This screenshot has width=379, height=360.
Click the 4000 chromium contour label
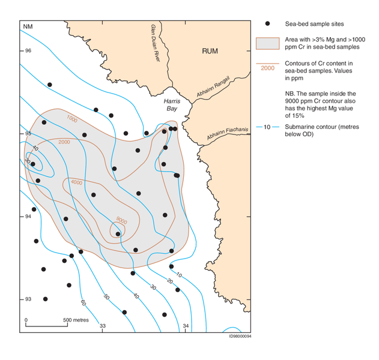coord(76,182)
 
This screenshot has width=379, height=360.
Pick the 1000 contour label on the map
coord(72,118)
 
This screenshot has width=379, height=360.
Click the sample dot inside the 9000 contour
coord(118,234)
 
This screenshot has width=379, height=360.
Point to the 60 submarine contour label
coord(83,302)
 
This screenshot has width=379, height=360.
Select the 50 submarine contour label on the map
coord(106,296)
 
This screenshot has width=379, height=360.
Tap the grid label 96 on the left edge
coord(28,50)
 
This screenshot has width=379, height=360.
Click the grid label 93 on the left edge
coord(28,299)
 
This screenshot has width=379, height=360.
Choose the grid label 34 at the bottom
coord(186,326)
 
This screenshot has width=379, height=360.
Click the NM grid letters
coord(28,27)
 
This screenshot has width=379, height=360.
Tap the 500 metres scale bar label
coord(76,320)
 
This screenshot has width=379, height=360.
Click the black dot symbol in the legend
coord(268,23)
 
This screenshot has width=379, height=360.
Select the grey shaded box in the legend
coord(268,43)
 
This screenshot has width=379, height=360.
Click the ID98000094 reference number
coord(240,336)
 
